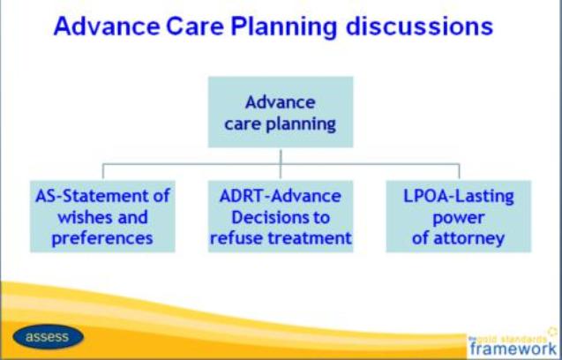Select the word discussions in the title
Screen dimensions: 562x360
coord(419,26)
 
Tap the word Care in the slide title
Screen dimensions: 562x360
coord(195,26)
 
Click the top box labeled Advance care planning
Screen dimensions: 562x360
coord(281,112)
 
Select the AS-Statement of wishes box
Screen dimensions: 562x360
coord(102,216)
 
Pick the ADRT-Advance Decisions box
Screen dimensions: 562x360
coord(281,216)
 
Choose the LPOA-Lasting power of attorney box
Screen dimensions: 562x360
coord(459,216)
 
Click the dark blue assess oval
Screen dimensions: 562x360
coord(48,337)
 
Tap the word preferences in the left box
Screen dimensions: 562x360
coord(102,239)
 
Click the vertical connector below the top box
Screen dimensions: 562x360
coord(281,163)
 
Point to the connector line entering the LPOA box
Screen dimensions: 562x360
coord(459,171)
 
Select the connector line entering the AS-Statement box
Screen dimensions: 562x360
coord(103,171)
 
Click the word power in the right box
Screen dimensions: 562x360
coord(459,218)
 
